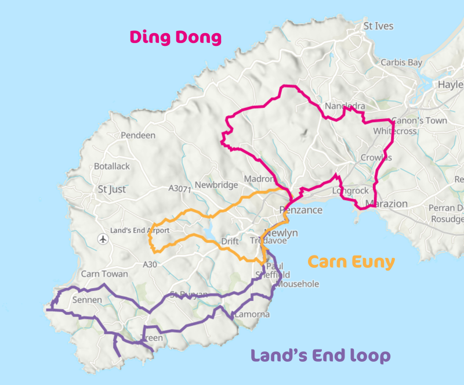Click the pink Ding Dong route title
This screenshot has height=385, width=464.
point(176,38)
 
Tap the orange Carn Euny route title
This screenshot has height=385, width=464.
point(351,261)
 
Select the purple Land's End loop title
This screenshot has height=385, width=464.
point(320,355)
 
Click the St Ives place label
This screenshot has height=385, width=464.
point(378,26)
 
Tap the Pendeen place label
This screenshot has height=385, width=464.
point(138,135)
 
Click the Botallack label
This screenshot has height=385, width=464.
point(112,166)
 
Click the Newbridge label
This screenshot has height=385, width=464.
point(216,185)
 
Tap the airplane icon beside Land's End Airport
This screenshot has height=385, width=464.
point(103,238)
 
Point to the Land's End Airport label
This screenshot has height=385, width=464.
point(140,231)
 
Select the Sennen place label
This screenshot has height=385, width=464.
point(87,300)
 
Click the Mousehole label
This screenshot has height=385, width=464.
point(298,284)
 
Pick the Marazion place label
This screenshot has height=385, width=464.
point(387,204)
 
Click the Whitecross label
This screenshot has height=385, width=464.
point(395,131)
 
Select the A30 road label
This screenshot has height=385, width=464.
point(150,264)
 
